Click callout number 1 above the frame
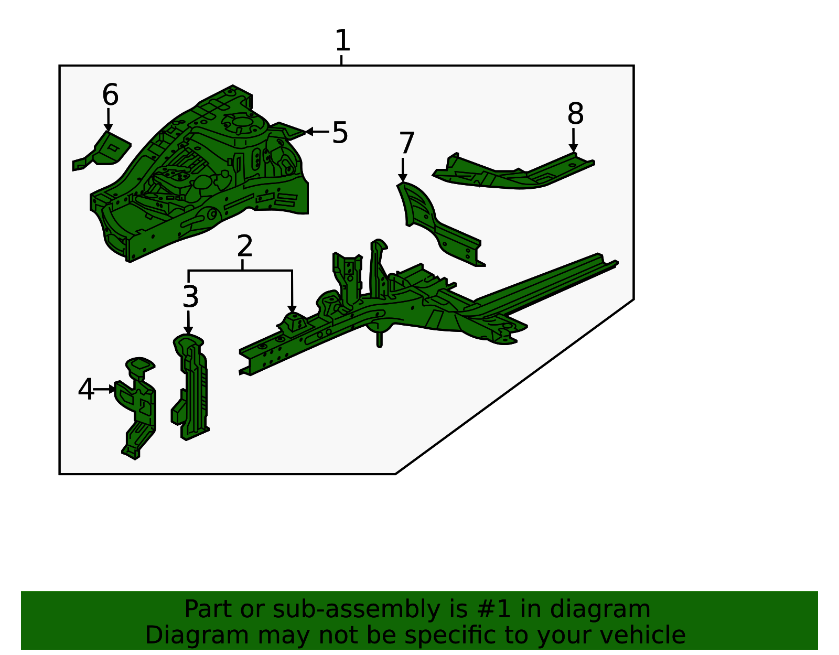(342, 40)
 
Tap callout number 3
(190, 296)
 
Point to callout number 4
(85, 389)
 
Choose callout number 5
(340, 132)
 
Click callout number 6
(110, 94)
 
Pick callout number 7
(406, 143)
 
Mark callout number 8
(575, 113)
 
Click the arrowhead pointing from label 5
(308, 132)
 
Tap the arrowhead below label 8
(573, 148)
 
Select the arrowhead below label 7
(403, 178)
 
